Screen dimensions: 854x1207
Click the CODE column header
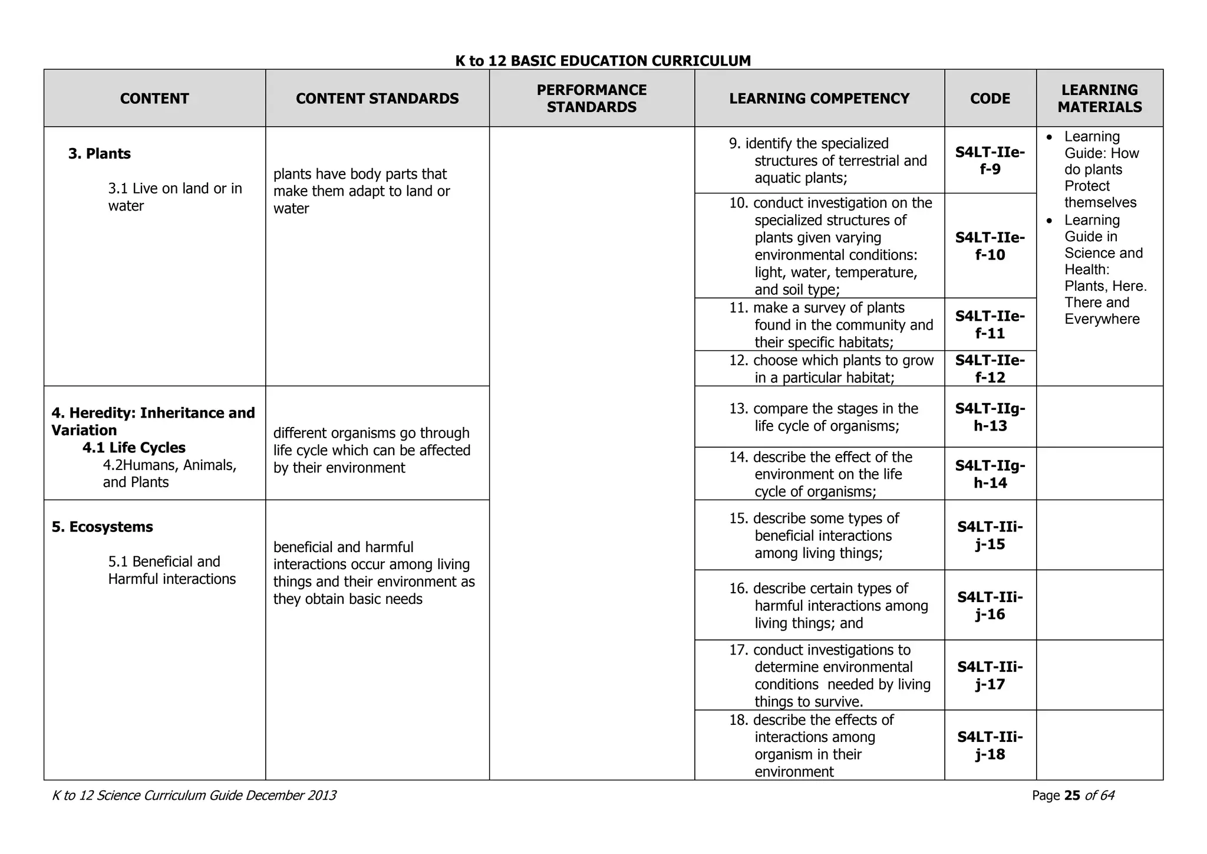(x=990, y=98)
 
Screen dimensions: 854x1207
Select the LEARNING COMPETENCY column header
(x=819, y=98)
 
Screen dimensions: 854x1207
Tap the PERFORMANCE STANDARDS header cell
(x=591, y=98)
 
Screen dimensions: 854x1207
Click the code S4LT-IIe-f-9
(x=990, y=161)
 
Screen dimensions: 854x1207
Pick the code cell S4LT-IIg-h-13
(x=990, y=417)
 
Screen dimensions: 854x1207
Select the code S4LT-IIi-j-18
(x=990, y=745)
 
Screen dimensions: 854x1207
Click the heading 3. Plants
(x=100, y=154)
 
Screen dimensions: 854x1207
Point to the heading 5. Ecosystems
(x=102, y=527)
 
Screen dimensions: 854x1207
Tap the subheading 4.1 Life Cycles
(x=134, y=448)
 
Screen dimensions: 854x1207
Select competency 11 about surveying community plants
(x=831, y=325)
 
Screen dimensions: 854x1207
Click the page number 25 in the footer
(x=1072, y=796)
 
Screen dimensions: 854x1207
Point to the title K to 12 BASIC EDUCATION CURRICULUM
(x=603, y=61)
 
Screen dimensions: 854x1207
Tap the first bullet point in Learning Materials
(x=1101, y=169)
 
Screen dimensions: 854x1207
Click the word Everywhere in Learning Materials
(x=1102, y=319)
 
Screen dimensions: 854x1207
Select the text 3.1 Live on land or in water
(x=174, y=197)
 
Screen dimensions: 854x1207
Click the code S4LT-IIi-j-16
(x=990, y=606)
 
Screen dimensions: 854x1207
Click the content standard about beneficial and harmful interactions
(x=374, y=573)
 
